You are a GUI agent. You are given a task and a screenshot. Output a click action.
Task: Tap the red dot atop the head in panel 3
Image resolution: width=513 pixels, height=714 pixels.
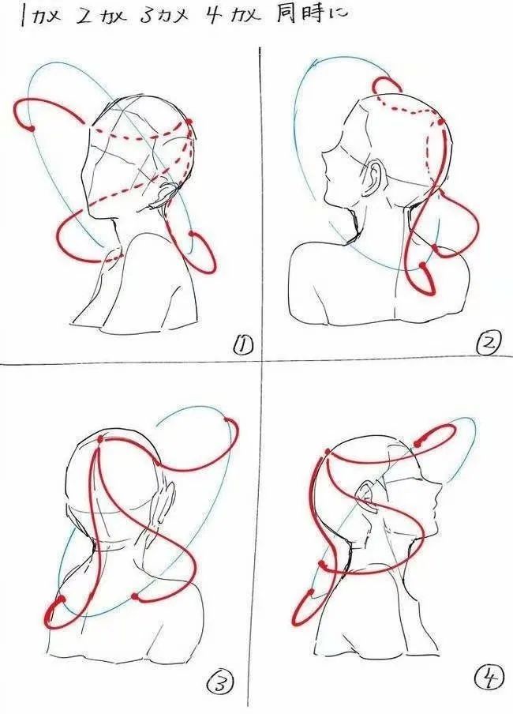point(99,440)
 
